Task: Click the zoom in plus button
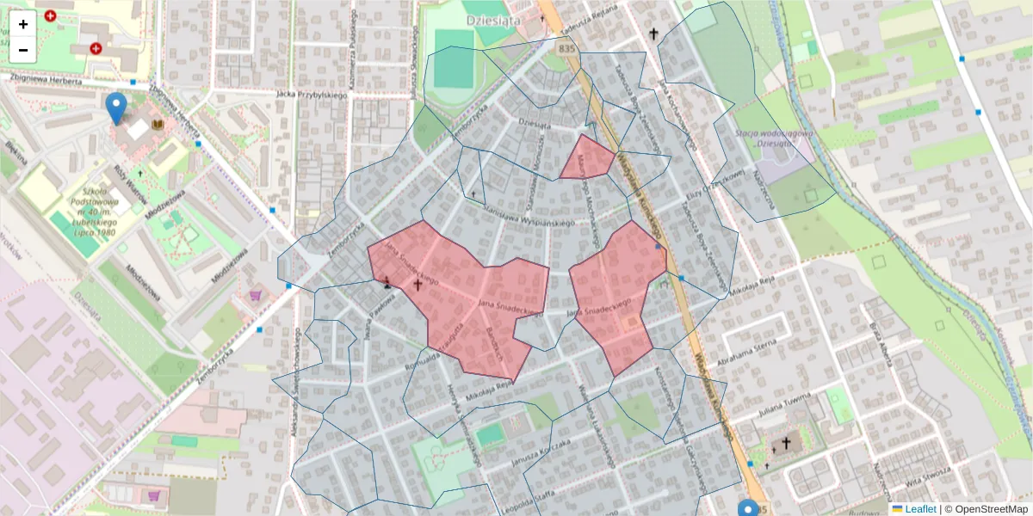pos(23,24)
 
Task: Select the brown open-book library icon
pos(157,125)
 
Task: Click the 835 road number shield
pos(566,49)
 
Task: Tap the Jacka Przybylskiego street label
pos(311,95)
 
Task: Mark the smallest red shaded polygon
pos(587,158)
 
